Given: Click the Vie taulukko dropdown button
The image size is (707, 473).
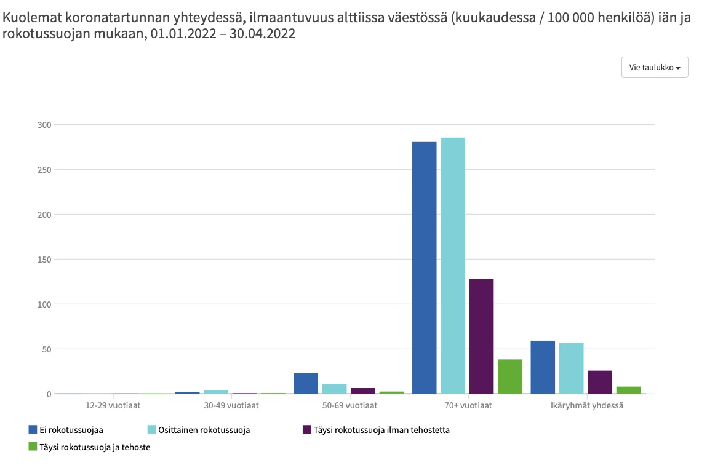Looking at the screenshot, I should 655,67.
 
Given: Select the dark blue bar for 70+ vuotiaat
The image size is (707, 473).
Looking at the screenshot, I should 424,268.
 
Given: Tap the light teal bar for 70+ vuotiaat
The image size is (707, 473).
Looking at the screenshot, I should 453,266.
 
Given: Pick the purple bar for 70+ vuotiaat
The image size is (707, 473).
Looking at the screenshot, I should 481,336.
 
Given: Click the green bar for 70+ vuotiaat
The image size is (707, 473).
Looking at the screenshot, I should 510,376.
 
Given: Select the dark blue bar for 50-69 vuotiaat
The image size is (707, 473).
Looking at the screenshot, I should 306,383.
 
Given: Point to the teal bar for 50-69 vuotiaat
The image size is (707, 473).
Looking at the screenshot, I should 334,389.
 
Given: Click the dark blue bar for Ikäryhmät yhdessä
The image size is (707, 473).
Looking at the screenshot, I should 543,367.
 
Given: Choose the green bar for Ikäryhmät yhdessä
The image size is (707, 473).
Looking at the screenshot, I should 628,390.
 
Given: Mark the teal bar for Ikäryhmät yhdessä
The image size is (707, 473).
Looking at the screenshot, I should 571,368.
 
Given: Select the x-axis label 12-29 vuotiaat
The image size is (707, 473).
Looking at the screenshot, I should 113,405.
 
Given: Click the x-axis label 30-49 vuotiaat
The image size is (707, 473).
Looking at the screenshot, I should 231,405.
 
